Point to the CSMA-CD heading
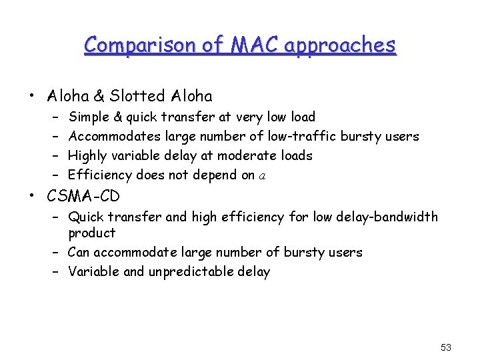pos(83,197)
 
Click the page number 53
pos(446,347)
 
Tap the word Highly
pos(89,156)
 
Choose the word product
pos(92,233)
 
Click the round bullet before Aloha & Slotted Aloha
pos(32,97)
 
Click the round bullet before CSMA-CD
pos(32,197)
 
